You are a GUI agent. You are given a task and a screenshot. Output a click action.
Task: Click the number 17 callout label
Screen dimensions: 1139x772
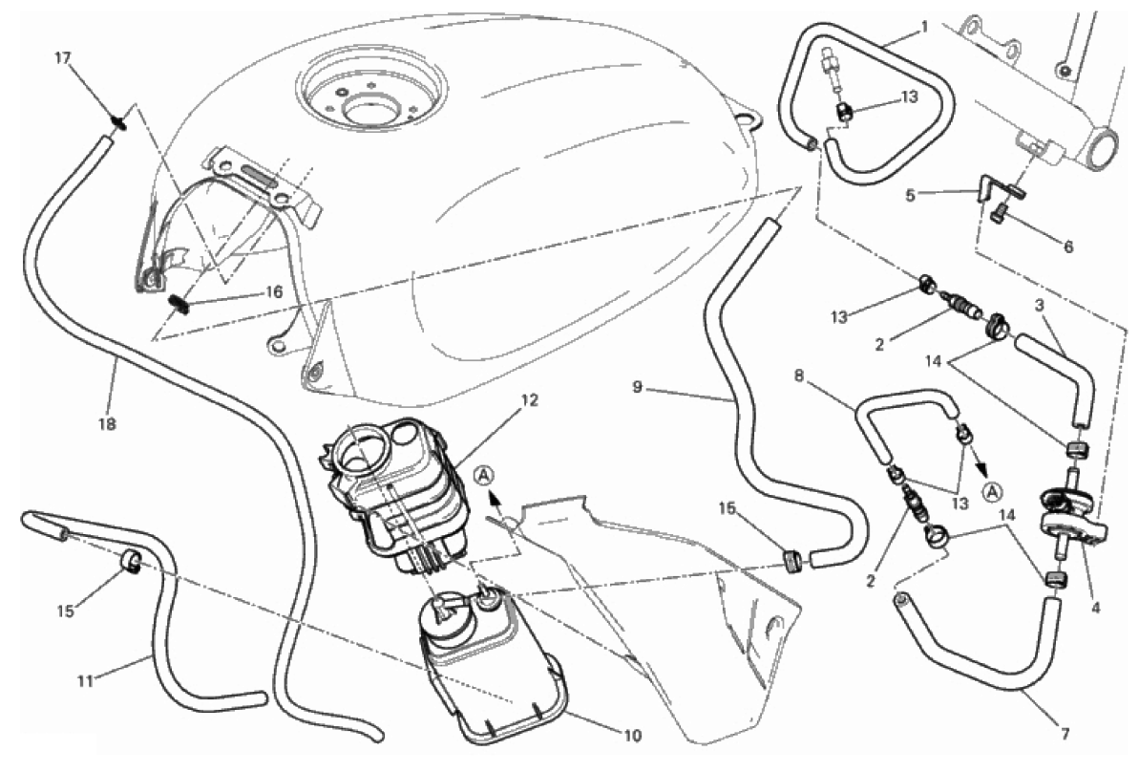point(64,57)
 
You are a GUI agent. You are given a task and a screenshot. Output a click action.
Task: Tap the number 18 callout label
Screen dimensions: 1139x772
point(107,423)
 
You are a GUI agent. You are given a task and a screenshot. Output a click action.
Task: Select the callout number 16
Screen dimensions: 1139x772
point(273,292)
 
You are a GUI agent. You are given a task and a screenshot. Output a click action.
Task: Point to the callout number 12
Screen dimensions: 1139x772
point(529,399)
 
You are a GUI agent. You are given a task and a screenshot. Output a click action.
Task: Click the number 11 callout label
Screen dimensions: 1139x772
point(86,682)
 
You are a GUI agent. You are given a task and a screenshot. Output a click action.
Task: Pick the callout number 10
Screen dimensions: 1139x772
point(633,736)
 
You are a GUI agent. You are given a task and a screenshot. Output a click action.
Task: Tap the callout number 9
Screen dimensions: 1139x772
point(637,387)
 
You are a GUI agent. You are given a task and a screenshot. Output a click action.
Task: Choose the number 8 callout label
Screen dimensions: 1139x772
point(799,375)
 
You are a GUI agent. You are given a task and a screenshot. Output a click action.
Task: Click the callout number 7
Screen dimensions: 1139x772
point(1065,734)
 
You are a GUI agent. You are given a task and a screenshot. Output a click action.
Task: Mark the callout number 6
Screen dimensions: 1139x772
point(1067,247)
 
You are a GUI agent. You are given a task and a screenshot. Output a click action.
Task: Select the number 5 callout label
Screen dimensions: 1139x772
point(910,195)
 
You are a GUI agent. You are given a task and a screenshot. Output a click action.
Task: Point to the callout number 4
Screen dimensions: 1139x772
point(1095,608)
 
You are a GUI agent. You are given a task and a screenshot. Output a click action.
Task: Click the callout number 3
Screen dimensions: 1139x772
point(1040,306)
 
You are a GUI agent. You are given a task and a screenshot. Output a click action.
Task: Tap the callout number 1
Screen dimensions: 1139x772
point(924,27)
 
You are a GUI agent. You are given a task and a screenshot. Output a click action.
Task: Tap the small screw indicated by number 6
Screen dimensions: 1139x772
point(997,214)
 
